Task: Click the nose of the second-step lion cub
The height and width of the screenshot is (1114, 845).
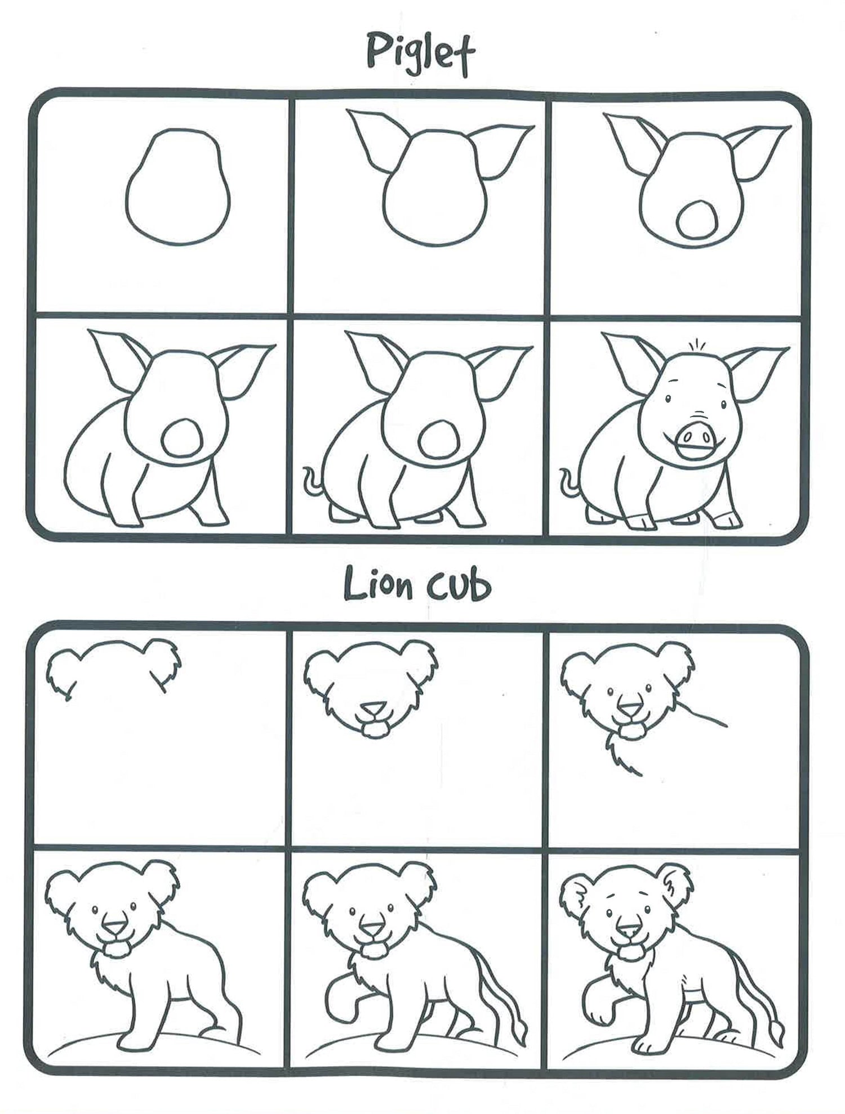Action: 372,708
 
